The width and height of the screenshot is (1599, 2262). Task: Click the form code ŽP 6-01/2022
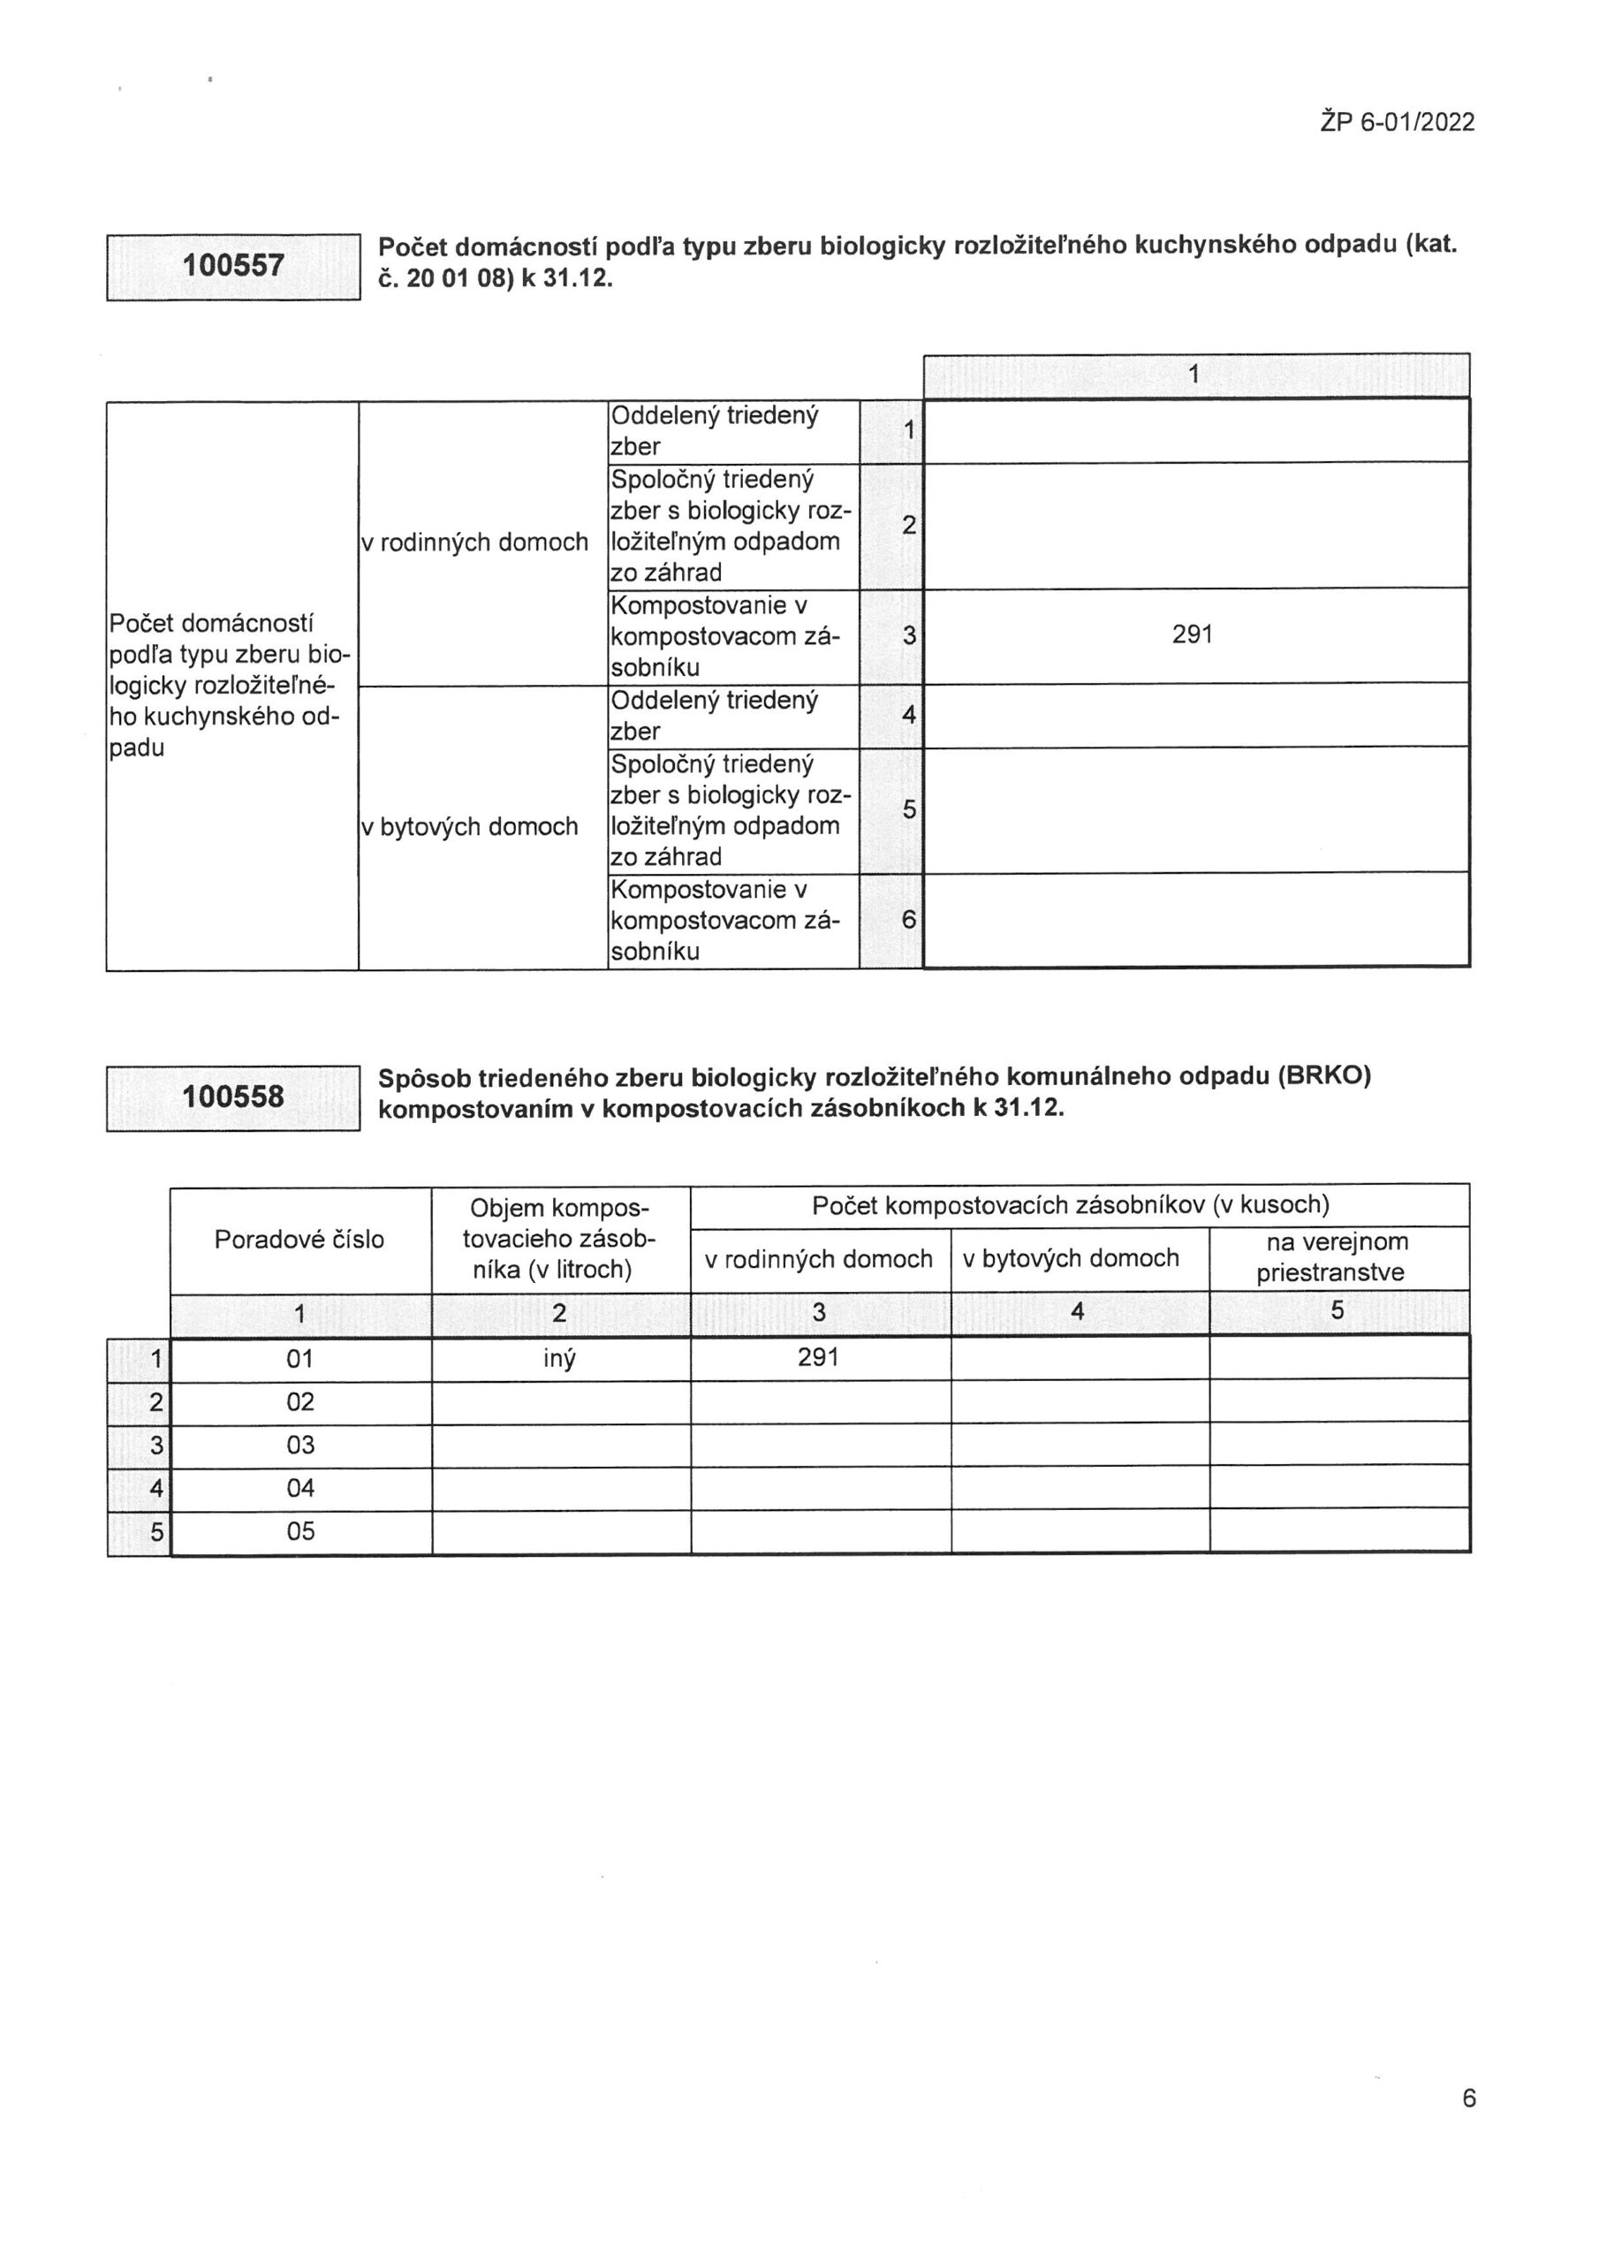[1396, 122]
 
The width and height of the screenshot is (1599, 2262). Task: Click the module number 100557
[233, 266]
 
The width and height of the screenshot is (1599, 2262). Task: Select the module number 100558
[233, 1097]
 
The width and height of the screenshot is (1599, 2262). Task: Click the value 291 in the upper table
[1192, 635]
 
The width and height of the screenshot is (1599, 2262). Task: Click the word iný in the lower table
[559, 1359]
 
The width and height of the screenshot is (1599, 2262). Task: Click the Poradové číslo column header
[299, 1240]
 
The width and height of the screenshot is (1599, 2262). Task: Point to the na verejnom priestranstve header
[1338, 1257]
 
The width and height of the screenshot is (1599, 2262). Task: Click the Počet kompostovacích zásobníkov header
[1070, 1205]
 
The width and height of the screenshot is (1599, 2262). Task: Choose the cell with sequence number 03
[300, 1446]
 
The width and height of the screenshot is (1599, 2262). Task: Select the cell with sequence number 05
[300, 1531]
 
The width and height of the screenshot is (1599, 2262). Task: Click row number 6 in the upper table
[908, 920]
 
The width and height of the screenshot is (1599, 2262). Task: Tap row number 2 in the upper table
[908, 526]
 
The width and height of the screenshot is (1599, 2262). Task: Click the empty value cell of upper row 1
[1195, 430]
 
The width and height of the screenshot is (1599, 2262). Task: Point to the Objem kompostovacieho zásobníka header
[559, 1240]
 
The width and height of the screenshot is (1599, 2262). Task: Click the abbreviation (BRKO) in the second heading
[1324, 1076]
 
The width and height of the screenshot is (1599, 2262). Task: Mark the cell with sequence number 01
[300, 1360]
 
